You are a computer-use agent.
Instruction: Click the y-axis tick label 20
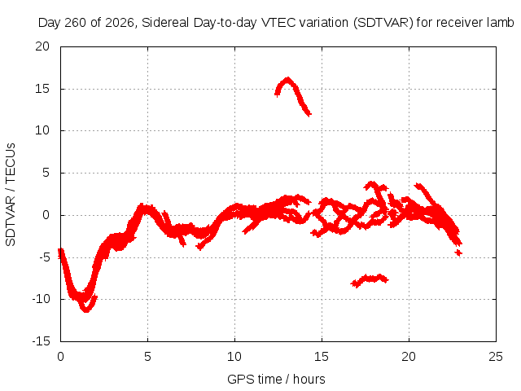42,46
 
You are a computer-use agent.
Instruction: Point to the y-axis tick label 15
42,89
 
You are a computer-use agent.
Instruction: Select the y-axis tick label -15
42,340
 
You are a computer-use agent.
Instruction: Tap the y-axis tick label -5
44,257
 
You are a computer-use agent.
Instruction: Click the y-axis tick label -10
42,299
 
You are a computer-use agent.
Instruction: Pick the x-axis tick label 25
496,357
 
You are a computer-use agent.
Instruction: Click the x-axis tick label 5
147,357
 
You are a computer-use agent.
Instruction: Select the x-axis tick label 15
322,357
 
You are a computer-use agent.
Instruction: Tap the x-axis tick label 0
60,357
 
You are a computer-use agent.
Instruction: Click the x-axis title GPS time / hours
276,379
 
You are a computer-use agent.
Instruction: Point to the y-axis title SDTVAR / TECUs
11,195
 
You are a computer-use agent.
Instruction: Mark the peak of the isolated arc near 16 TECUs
287,79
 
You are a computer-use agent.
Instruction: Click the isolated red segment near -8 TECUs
370,279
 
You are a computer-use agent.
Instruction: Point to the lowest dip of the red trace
86,310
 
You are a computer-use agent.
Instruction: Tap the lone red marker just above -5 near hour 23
458,253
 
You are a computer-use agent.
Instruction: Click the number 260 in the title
76,23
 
